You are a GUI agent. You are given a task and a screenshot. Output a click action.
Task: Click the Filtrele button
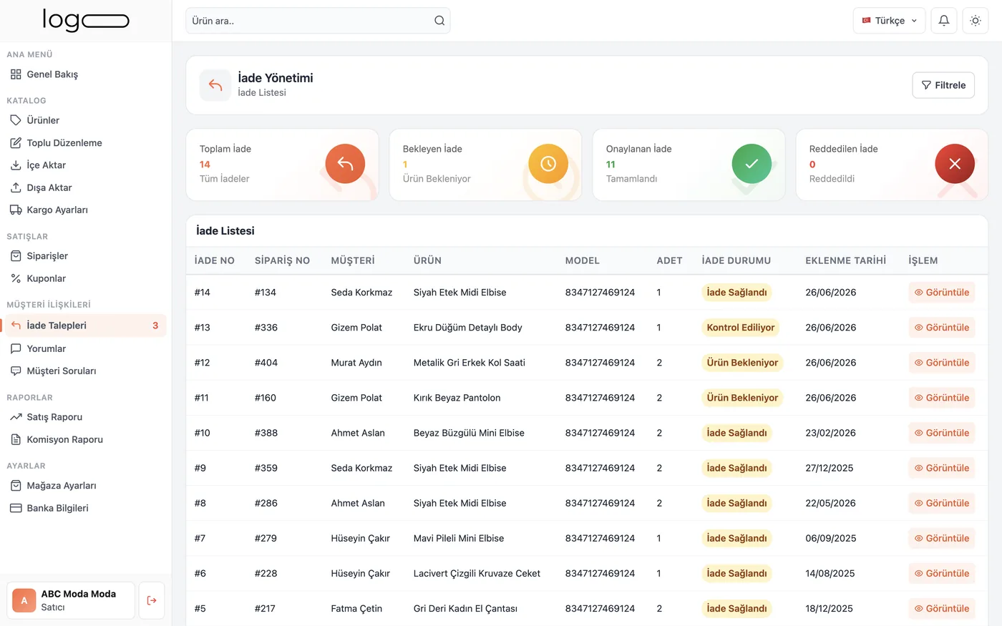(x=943, y=85)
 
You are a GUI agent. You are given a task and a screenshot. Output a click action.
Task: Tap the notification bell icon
(x=944, y=21)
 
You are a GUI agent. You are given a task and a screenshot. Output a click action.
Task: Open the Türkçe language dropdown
(x=889, y=21)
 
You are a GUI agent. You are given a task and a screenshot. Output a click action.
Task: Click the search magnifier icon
(x=439, y=21)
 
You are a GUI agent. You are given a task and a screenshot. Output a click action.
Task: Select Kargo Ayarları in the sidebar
(x=49, y=210)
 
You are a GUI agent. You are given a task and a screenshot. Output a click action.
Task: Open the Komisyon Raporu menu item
(x=57, y=439)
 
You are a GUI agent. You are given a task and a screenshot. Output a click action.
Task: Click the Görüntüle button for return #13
(x=942, y=328)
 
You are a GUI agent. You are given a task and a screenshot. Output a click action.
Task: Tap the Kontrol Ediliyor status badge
(x=740, y=328)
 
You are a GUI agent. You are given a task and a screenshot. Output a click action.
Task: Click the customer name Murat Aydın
(x=356, y=363)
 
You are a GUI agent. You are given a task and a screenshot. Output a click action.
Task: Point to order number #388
(x=266, y=433)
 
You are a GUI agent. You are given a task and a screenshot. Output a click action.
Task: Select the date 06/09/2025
(x=831, y=538)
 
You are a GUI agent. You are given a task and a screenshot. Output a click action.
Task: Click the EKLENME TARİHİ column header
(x=845, y=260)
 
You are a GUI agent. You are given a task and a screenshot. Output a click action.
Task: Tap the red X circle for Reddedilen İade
(x=955, y=164)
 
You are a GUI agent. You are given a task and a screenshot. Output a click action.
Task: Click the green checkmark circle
(x=751, y=164)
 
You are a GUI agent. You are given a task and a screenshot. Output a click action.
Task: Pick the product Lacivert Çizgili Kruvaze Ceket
(x=477, y=573)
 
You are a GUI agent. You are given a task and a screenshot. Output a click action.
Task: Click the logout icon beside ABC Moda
(x=152, y=600)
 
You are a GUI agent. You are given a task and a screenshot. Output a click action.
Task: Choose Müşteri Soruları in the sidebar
(x=53, y=371)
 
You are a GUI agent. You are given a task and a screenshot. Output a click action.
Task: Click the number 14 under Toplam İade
(x=205, y=164)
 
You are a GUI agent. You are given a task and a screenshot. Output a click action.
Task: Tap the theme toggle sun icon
(x=975, y=21)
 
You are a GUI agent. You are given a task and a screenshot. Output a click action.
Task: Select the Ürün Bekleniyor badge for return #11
(x=742, y=398)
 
